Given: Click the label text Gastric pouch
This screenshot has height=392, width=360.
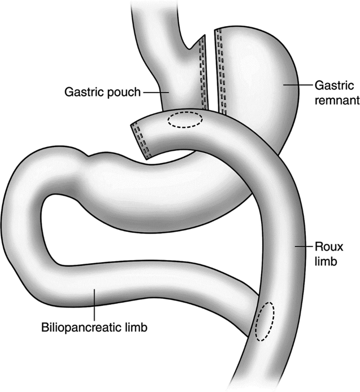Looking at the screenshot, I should click(x=102, y=92).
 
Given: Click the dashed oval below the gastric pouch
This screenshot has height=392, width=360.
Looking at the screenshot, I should click(x=184, y=119).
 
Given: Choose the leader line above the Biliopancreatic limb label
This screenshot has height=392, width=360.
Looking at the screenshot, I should click(x=94, y=305).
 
